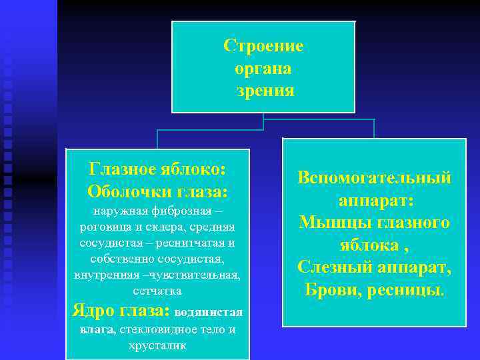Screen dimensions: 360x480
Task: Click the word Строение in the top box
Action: [x=263, y=46]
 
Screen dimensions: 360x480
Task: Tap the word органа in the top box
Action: [x=263, y=68]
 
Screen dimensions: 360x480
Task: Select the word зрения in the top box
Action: [x=265, y=91]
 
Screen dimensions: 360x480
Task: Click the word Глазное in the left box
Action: [x=121, y=168]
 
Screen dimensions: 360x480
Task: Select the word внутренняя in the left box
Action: [x=104, y=275]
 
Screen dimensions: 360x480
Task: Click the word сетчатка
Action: [x=157, y=291]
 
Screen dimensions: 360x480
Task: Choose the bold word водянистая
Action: [x=208, y=312]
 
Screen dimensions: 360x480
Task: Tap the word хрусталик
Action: [x=157, y=346]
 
